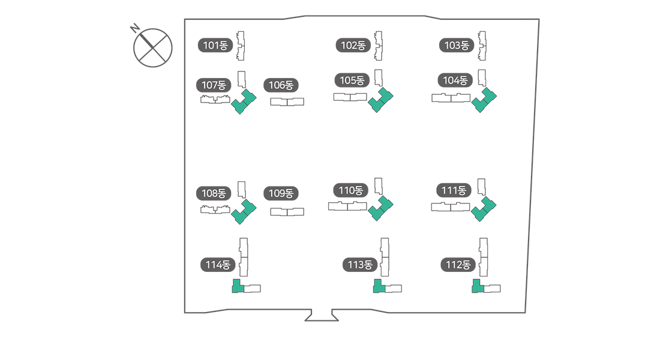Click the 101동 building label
(x=215, y=45)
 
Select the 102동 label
(x=353, y=45)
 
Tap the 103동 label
(x=457, y=45)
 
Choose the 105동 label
(x=352, y=80)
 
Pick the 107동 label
(x=214, y=85)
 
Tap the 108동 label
(x=214, y=193)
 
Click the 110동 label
(x=351, y=191)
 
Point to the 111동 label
(x=454, y=191)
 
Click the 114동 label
(x=218, y=265)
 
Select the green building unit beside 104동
(x=484, y=100)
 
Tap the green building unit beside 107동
(x=243, y=102)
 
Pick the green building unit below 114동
(x=237, y=286)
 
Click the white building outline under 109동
(x=287, y=212)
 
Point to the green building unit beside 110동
(x=380, y=209)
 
